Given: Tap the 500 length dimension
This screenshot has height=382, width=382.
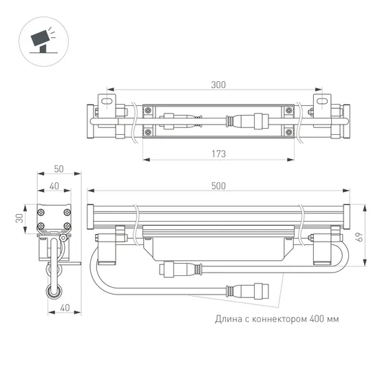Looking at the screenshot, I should pos(217,187).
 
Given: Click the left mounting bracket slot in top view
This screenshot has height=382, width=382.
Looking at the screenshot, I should pos(107,100).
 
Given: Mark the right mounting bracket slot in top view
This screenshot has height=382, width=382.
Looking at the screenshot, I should pos(319,100).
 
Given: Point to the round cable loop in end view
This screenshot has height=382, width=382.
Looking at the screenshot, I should pos(52,292).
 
